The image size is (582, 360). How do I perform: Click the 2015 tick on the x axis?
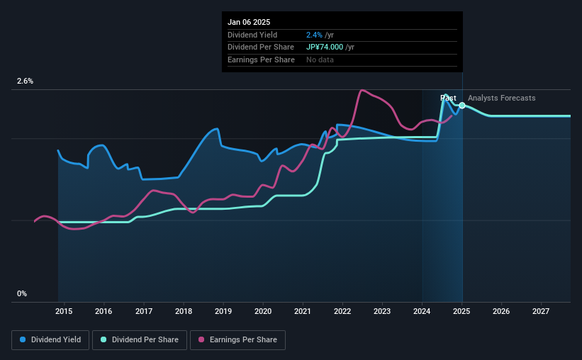[64, 311]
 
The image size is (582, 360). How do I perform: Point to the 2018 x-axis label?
[183, 311]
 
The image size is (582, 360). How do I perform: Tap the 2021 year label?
[303, 311]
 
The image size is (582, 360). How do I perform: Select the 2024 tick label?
[422, 311]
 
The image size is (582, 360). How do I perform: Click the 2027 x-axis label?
[541, 311]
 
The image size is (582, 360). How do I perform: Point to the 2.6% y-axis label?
[25, 81]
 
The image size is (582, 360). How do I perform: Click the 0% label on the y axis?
[22, 293]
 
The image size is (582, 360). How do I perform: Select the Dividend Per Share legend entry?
[141, 340]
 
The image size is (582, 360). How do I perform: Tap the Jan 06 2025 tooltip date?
[249, 22]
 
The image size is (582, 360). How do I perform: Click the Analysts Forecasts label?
[501, 98]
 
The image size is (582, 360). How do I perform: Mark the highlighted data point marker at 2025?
[462, 105]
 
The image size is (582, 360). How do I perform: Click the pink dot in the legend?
[201, 340]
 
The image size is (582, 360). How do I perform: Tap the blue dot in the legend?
[23, 340]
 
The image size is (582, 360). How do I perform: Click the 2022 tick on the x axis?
[342, 311]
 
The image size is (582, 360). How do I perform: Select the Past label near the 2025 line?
[448, 98]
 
